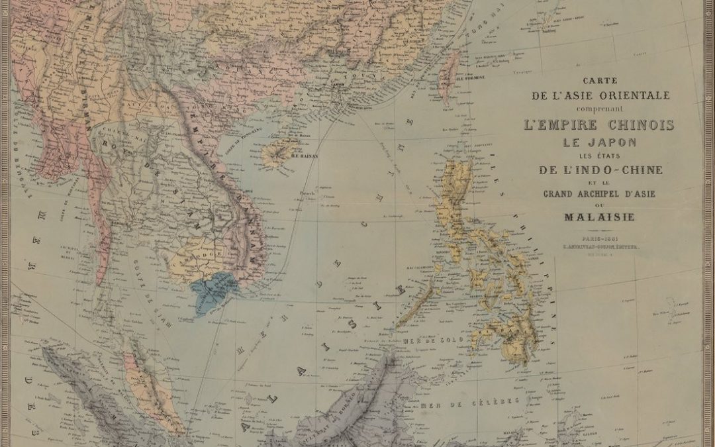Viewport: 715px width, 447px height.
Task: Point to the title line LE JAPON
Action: [x=599, y=142]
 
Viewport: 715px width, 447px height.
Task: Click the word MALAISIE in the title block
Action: [x=599, y=217]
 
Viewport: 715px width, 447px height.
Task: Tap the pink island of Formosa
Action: [x=450, y=69]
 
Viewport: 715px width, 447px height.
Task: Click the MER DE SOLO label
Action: [x=422, y=340]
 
